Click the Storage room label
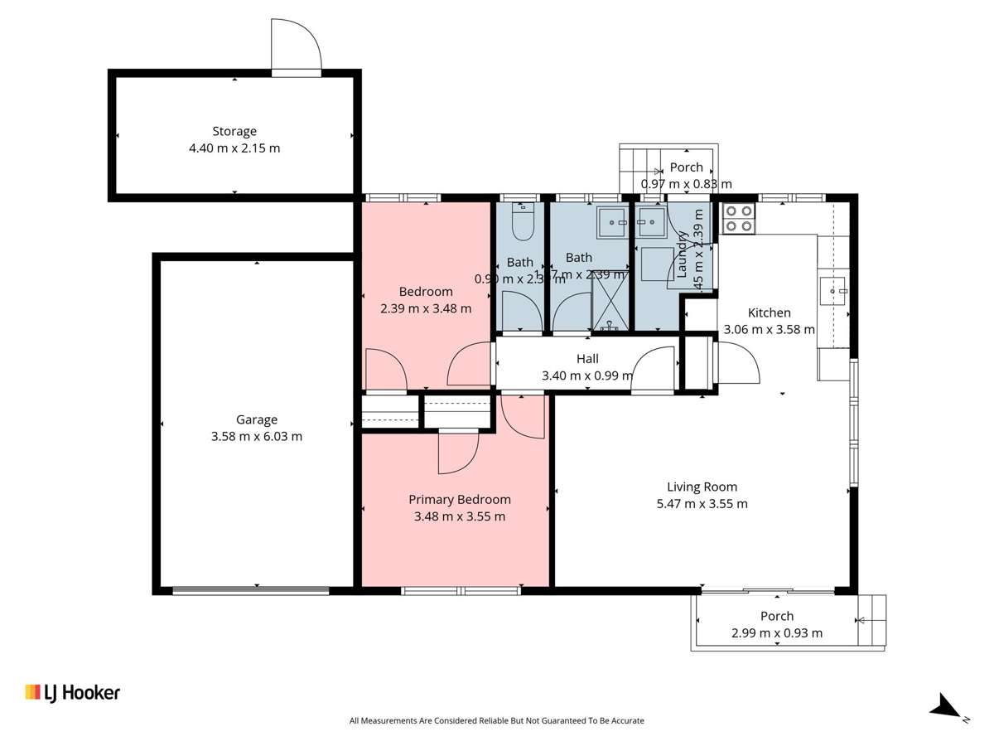[x=234, y=131]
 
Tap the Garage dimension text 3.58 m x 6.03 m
[x=257, y=436]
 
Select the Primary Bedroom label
[x=460, y=500]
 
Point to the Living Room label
[x=702, y=487]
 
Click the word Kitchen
[x=769, y=313]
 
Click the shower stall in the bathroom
[x=611, y=304]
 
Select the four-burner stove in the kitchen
[x=739, y=217]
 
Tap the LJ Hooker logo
[x=73, y=692]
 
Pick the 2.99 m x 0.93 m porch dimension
[x=777, y=633]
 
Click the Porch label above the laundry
[x=686, y=167]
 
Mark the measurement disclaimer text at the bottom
[x=497, y=721]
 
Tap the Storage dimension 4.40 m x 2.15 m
[x=234, y=148]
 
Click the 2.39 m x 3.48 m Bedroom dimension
[x=426, y=308]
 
